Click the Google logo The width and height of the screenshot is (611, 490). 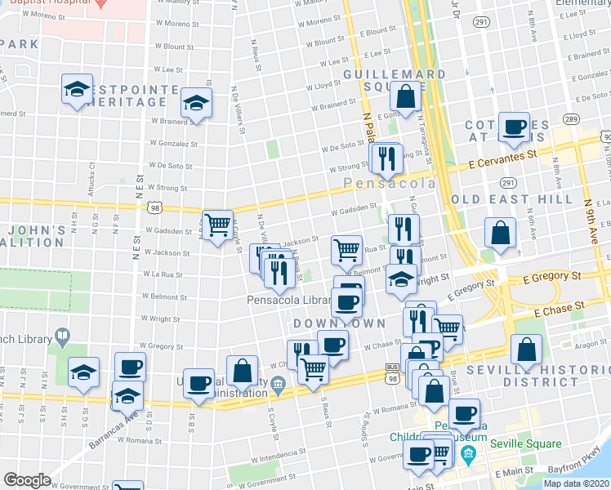27,480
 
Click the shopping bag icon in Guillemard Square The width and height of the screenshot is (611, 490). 406,97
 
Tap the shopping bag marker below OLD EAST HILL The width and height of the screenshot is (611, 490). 500,233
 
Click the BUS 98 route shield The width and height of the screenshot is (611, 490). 393,376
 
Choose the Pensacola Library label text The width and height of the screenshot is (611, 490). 289,300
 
